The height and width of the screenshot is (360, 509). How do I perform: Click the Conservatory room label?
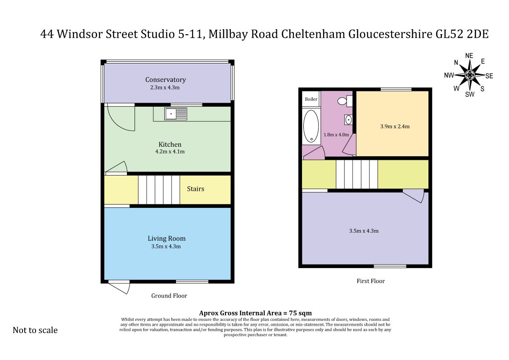[166, 80]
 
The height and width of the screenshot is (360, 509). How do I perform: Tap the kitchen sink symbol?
[176, 114]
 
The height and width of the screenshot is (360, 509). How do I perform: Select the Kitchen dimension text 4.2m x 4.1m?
[170, 152]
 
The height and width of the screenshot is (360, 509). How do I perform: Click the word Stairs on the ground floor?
[195, 189]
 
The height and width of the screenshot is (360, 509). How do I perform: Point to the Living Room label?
[167, 238]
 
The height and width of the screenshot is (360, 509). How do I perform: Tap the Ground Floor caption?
[169, 296]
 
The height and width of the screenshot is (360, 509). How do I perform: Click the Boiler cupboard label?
[311, 99]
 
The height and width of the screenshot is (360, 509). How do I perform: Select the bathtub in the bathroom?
[311, 126]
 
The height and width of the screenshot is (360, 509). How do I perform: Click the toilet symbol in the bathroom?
[345, 101]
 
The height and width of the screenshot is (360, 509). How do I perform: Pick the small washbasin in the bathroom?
[348, 120]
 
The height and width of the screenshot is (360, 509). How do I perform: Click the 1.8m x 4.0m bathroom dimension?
[336, 135]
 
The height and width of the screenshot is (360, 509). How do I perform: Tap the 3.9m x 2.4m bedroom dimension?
[395, 126]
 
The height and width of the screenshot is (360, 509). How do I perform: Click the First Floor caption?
[371, 281]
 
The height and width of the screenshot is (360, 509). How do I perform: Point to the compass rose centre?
[470, 75]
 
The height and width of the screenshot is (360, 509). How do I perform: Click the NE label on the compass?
[469, 56]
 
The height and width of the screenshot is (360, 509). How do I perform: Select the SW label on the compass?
[470, 94]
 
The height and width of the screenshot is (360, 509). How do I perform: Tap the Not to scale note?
[35, 330]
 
